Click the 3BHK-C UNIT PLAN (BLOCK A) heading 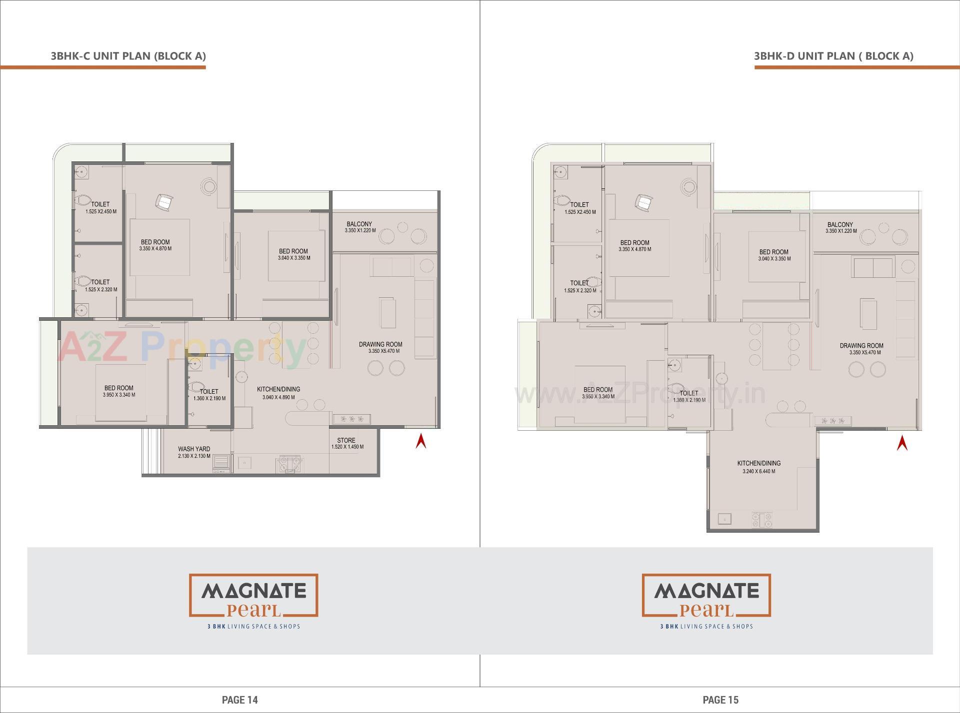coord(128,56)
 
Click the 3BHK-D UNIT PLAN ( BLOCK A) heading coord(833,56)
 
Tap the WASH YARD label coord(194,449)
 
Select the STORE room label coord(346,440)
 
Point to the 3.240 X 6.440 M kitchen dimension coord(758,471)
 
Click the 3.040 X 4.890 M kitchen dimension coord(278,398)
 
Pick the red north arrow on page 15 coord(902,443)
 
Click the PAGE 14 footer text coord(240,700)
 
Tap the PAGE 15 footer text coord(720,700)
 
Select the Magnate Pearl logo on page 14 coord(253,600)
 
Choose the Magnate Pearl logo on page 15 coord(706,600)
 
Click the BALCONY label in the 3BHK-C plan coord(359,224)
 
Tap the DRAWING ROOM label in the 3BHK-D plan coord(861,345)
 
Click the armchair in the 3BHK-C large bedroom coord(164,202)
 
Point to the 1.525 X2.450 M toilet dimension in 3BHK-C coord(101,211)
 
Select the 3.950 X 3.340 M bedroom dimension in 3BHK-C coord(119,395)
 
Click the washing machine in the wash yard coord(221,463)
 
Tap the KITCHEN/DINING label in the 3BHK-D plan coord(758,463)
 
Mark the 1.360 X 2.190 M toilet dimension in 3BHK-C coord(209,398)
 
